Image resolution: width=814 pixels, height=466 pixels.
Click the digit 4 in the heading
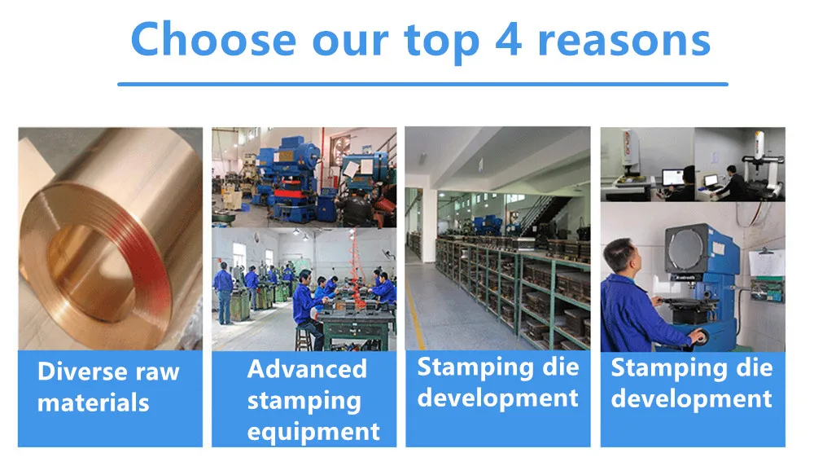click(x=508, y=40)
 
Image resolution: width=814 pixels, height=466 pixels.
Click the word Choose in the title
click(x=213, y=40)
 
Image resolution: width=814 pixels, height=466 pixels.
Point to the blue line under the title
click(x=422, y=84)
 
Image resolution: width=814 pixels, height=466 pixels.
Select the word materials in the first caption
click(x=94, y=402)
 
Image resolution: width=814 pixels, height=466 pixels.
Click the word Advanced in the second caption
click(x=308, y=369)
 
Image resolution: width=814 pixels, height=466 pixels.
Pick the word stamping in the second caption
click(x=304, y=402)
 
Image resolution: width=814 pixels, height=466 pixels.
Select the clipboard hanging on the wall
click(x=766, y=262)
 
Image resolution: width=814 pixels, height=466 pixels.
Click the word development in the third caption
click(x=498, y=398)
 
